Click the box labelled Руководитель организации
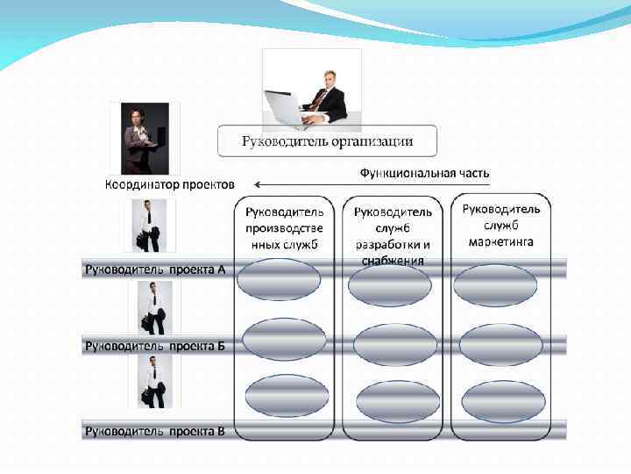coord(327,141)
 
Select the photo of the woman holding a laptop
coord(144,139)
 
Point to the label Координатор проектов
coord(170,184)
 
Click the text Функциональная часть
coord(424,173)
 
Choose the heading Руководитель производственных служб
coord(284,227)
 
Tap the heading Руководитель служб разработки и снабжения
coord(393,235)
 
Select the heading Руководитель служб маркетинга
coord(501,225)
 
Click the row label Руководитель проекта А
coord(155,269)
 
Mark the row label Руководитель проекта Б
coord(155,345)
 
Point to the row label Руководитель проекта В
coord(155,430)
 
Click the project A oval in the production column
coord(280,280)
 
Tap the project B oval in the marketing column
coord(500,345)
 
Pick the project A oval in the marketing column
coord(495,284)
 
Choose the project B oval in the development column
coord(395,345)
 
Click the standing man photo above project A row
coord(149,226)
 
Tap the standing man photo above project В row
coord(152,382)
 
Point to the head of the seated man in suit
coord(330,79)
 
